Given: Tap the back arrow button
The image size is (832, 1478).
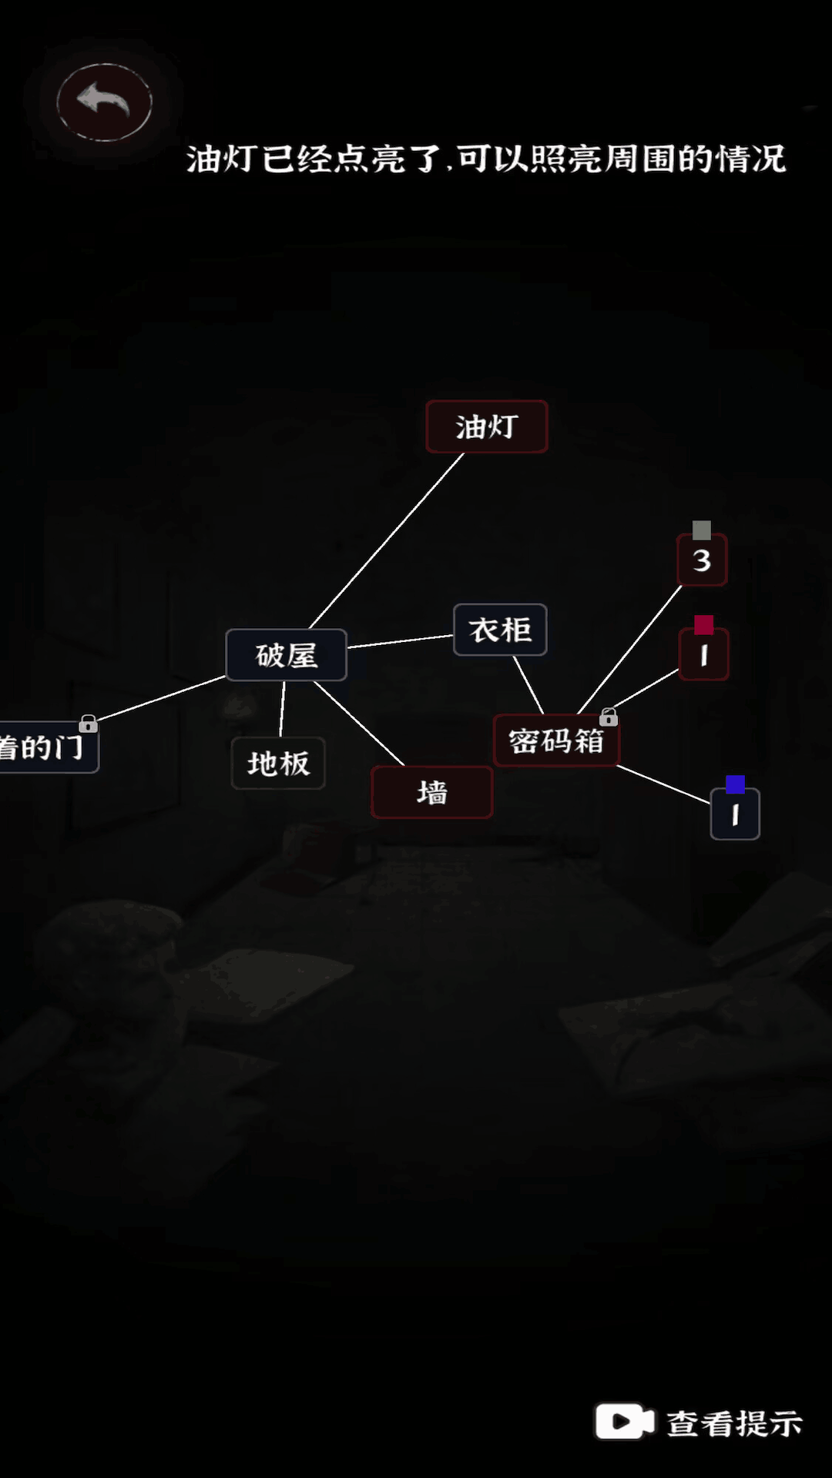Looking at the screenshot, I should [104, 102].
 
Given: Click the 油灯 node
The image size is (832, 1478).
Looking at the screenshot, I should [487, 426].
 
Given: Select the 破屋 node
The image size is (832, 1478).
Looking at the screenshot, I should [287, 655].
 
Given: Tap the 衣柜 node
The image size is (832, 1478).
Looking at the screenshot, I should [500, 630].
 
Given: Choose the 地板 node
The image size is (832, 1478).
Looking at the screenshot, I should [278, 763].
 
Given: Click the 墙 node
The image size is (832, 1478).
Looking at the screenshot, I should [432, 792].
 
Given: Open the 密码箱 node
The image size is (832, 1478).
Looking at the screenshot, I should [556, 741].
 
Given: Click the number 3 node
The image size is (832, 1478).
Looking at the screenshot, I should [702, 560].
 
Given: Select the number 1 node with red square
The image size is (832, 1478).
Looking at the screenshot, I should [703, 655].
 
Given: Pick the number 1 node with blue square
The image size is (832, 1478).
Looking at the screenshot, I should [735, 814].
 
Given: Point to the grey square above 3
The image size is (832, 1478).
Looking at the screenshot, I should [701, 530].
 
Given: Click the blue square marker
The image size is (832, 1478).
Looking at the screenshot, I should [736, 784].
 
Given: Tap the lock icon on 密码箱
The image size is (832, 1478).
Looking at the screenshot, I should [609, 717].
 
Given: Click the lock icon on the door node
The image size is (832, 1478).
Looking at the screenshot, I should [89, 724].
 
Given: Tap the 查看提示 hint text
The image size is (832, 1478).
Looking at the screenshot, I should [734, 1423].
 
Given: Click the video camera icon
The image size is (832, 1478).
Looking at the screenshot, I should [624, 1421].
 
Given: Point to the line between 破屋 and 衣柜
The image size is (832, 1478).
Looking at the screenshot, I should [401, 642].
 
